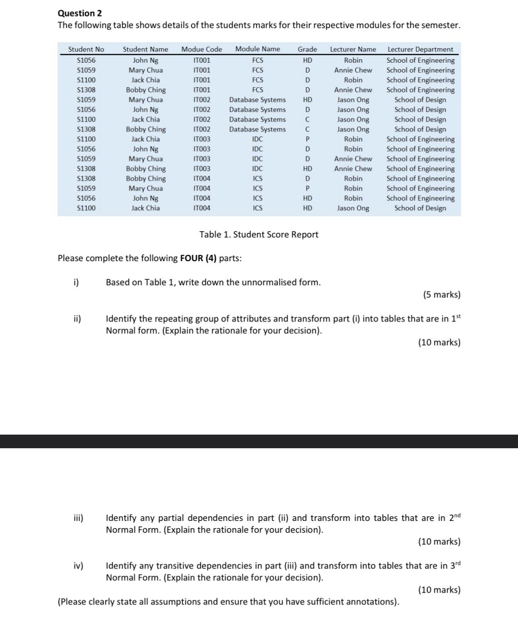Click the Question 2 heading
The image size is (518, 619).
click(x=80, y=13)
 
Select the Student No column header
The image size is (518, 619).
click(x=86, y=49)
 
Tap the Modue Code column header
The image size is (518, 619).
click(x=201, y=49)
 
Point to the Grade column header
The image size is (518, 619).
click(x=307, y=49)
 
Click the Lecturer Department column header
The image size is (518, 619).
click(x=420, y=49)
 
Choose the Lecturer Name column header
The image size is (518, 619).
click(x=353, y=49)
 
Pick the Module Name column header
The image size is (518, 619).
click(x=257, y=49)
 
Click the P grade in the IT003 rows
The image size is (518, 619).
click(x=308, y=139)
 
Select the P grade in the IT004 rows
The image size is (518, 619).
click(x=308, y=188)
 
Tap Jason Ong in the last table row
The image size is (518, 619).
click(x=353, y=208)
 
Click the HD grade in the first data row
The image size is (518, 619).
click(x=308, y=60)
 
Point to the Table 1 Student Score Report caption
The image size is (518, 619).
click(x=259, y=234)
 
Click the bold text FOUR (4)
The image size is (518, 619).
click(x=198, y=258)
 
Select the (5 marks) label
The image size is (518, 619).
click(x=442, y=295)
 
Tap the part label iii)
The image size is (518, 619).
click(x=78, y=518)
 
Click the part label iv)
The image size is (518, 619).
click(x=78, y=565)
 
